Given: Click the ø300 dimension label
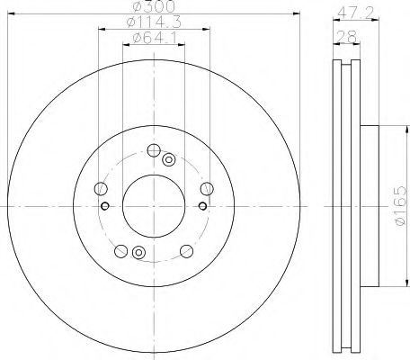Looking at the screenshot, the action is click(x=155, y=6).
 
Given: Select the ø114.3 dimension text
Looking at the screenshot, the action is click(x=154, y=22).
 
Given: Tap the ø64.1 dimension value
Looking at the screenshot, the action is click(x=154, y=38).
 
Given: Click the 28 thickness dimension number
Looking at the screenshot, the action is click(x=346, y=37).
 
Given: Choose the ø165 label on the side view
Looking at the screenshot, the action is click(x=401, y=206).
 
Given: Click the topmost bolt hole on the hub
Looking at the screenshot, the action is click(x=154, y=150).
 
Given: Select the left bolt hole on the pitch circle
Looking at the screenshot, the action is click(x=101, y=188).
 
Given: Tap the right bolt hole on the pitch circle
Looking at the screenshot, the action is click(x=207, y=189).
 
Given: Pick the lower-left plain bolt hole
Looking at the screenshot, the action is click(x=121, y=251).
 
